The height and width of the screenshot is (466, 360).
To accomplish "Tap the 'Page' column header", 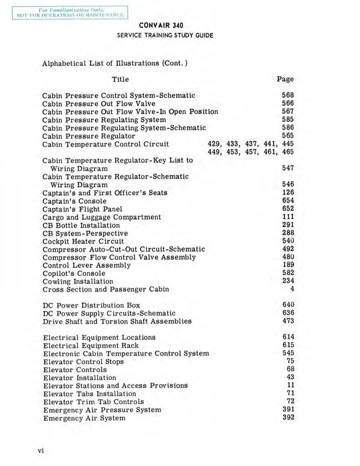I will (285, 79).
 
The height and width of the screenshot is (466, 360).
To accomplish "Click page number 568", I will (287, 95).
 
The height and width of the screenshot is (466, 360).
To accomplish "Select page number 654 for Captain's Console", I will (287, 200).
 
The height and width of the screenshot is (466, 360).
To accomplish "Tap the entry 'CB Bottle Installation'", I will (85, 225).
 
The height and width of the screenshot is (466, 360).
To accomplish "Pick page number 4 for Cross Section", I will (291, 290).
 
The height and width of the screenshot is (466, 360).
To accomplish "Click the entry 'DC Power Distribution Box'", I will (92, 305).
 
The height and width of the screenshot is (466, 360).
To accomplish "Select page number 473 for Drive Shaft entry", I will (287, 322).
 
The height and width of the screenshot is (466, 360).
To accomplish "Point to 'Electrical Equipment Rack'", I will (90, 346).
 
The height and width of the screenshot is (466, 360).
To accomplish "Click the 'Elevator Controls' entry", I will (75, 369).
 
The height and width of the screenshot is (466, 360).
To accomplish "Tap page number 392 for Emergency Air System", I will (287, 418).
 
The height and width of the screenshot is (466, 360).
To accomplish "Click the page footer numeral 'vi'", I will (41, 451).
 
